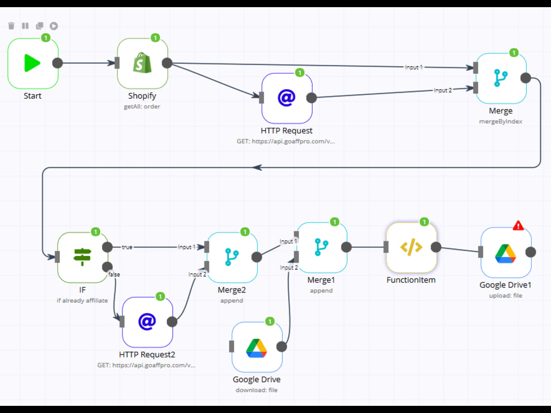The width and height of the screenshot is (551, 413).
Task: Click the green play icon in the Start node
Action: point(32,63)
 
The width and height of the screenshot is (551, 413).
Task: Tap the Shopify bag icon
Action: point(142,63)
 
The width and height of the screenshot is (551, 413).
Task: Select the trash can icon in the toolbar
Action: point(11,26)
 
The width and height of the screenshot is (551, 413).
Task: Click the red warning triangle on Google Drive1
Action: point(518,225)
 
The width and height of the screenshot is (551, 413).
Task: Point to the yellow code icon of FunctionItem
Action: point(411,247)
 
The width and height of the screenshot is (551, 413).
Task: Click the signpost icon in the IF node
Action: point(82,257)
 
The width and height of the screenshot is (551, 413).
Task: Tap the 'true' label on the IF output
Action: point(127,247)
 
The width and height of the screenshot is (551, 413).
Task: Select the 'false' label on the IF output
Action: point(114,274)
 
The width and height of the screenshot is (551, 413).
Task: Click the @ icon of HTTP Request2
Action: point(147,322)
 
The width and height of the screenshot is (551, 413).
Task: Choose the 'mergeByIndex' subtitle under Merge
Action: point(500,122)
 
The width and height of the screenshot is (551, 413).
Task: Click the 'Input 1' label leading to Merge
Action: point(414,67)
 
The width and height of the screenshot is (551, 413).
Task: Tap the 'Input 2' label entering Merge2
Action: point(197,274)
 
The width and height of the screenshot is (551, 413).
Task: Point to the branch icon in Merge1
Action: point(322,247)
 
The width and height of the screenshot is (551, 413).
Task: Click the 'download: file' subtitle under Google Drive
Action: point(257,390)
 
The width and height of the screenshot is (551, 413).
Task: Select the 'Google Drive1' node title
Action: point(505,285)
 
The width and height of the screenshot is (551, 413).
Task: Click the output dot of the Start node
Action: point(58,63)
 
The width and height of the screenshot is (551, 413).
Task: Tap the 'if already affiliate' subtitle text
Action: point(82,301)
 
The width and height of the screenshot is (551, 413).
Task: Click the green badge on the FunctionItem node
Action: point(424,221)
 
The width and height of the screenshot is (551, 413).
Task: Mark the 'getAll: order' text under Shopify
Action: point(142,106)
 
